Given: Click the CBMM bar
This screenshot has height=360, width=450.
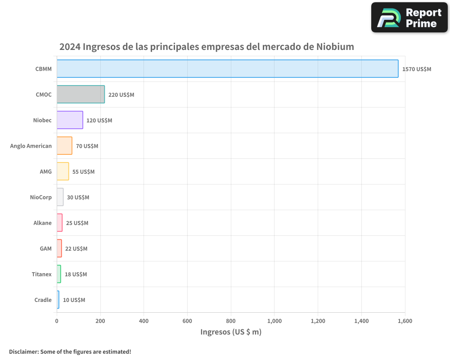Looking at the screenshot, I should pyautogui.click(x=227, y=69).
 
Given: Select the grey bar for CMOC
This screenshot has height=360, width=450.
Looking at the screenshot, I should pyautogui.click(x=81, y=94).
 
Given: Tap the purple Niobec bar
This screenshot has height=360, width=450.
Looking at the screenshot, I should pyautogui.click(x=70, y=120).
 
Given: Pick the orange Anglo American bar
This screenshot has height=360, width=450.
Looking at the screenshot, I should pyautogui.click(x=64, y=146).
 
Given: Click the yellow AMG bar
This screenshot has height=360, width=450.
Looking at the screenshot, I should pyautogui.click(x=63, y=171).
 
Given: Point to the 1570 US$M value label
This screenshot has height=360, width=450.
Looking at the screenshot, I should pyautogui.click(x=417, y=69).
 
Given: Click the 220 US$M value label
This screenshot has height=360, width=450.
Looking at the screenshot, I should pyautogui.click(x=121, y=95).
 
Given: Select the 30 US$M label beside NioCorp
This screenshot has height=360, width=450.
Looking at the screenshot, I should pyautogui.click(x=78, y=197).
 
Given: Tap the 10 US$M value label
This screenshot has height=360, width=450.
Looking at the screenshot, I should pyautogui.click(x=74, y=300).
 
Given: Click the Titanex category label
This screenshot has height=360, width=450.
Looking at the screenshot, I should pyautogui.click(x=41, y=274).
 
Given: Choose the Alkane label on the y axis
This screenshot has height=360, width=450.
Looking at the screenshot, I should pyautogui.click(x=42, y=223).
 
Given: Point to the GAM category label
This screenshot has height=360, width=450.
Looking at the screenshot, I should pyautogui.click(x=45, y=248).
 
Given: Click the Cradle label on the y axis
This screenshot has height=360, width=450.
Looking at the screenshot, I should pyautogui.click(x=43, y=300).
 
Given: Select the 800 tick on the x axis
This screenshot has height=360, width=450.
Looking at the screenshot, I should pyautogui.click(x=231, y=321).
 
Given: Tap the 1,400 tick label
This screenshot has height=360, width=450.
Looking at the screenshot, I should pyautogui.click(x=361, y=321).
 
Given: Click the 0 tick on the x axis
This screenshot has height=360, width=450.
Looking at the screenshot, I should pyautogui.click(x=57, y=321).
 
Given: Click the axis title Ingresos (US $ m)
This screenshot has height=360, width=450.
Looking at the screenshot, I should pyautogui.click(x=231, y=332).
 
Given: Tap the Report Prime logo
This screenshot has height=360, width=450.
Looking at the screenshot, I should pyautogui.click(x=409, y=18).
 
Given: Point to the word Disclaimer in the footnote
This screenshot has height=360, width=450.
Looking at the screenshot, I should pyautogui.click(x=23, y=351).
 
